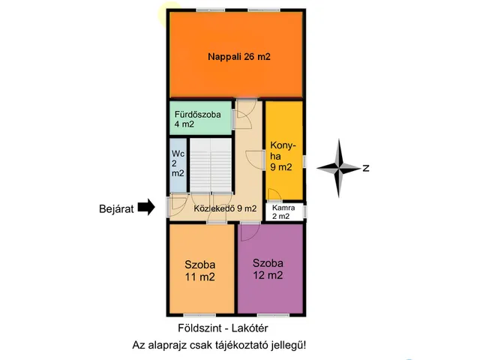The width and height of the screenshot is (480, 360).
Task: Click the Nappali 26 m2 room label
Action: (x=239, y=57)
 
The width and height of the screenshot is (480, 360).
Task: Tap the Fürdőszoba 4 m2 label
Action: (x=197, y=119)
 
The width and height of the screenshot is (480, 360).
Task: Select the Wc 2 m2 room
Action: (x=178, y=165)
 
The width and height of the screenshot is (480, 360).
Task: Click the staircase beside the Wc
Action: (x=211, y=165)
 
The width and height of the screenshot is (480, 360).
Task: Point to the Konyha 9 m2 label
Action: (x=283, y=156)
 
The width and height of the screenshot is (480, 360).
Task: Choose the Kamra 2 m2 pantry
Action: (x=283, y=211)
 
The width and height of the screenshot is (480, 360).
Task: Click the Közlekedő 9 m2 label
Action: (x=225, y=208)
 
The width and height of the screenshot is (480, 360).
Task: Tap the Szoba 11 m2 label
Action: (x=200, y=271)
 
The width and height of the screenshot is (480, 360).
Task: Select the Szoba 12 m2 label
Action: (x=268, y=269)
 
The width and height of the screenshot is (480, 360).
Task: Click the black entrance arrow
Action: (x=146, y=207)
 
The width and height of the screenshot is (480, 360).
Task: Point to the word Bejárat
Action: (x=116, y=209)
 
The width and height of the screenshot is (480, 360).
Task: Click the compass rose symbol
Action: (x=338, y=168)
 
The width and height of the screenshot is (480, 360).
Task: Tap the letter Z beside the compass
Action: (x=366, y=168)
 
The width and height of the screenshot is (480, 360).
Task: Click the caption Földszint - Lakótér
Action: (x=223, y=328)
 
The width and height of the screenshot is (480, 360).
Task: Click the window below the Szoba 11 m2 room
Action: (x=199, y=315)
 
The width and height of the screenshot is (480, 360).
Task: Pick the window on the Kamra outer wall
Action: (x=305, y=211)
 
